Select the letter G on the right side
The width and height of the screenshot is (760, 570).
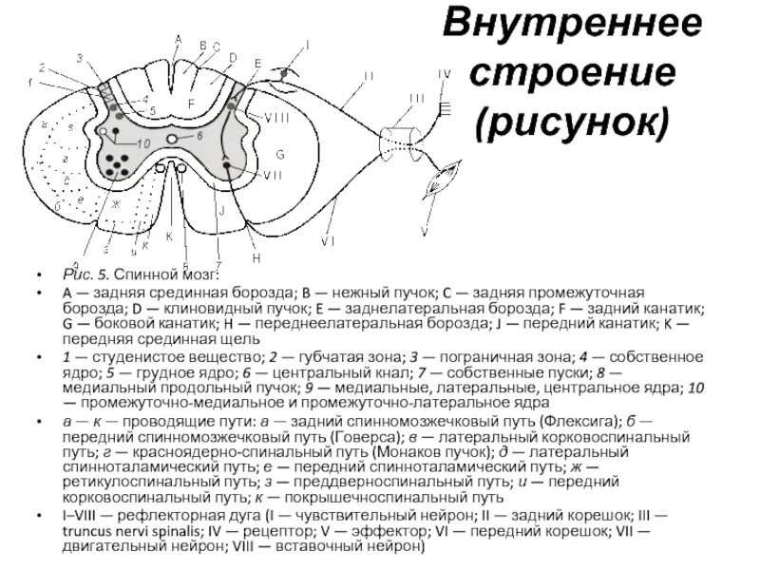click(x=280, y=154)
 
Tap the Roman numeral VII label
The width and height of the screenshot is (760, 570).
click(x=273, y=174)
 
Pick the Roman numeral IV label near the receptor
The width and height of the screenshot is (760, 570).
click(x=444, y=74)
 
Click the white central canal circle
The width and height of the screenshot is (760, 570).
click(x=173, y=139)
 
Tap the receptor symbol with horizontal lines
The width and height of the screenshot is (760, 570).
click(x=445, y=106)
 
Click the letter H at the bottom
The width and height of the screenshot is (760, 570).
click(x=256, y=257)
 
